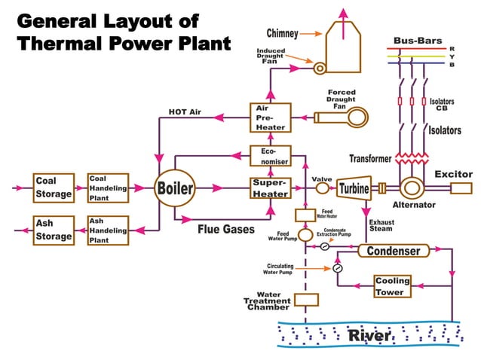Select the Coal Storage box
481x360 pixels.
click(54, 188)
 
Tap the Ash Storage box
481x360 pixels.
click(54, 230)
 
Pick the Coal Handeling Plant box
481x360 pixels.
click(108, 188)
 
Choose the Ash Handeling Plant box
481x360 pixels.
click(108, 230)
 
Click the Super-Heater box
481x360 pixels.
click(270, 188)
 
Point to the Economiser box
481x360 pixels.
click(270, 155)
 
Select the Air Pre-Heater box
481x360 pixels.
click(270, 117)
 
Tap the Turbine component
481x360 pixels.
click(352, 188)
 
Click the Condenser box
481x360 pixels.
click(393, 251)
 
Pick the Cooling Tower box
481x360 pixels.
click(393, 286)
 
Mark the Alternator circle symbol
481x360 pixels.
click(412, 188)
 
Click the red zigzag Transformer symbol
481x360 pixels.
click(408, 159)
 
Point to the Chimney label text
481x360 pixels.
click(283, 33)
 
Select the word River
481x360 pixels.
click(369, 335)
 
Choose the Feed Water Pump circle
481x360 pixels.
click(305, 236)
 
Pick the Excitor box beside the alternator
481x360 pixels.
click(461, 188)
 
